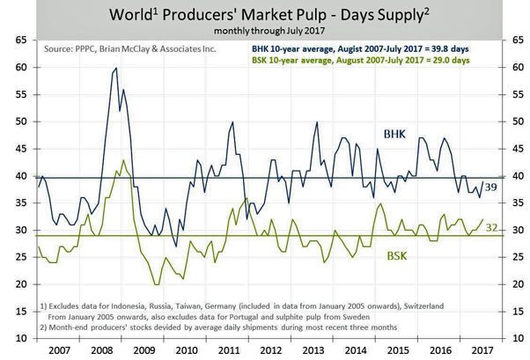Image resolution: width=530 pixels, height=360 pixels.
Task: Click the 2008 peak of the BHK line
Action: [x=116, y=69]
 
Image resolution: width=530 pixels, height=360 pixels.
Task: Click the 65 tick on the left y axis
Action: [x=18, y=40]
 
